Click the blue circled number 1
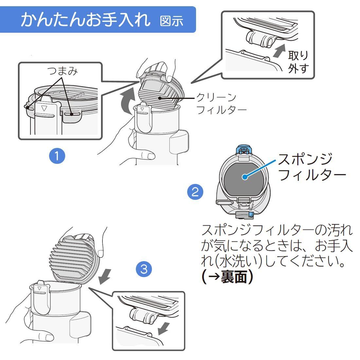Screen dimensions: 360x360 57,156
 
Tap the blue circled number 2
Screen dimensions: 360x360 195,192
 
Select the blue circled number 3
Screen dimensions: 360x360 144,269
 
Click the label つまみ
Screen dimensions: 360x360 63,71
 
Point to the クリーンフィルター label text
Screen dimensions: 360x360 221,104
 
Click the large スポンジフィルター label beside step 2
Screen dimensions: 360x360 312,167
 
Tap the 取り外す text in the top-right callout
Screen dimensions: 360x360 298,62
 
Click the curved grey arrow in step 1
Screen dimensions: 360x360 127,100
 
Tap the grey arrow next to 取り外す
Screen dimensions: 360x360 279,51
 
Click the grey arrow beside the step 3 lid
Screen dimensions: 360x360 104,277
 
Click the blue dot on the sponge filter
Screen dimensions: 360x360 245,177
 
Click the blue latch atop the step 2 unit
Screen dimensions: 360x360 244,150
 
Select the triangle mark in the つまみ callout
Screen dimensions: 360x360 44,108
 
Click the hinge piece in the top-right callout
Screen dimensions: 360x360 260,39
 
